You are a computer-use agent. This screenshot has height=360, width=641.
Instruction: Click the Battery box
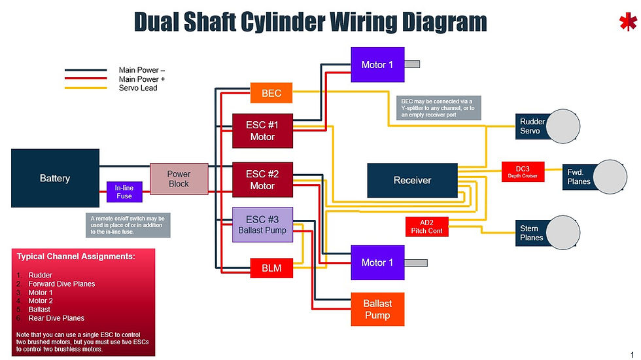click(x=55, y=178)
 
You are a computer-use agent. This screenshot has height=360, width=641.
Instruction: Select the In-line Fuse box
click(x=124, y=192)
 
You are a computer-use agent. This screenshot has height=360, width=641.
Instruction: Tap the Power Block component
click(x=179, y=179)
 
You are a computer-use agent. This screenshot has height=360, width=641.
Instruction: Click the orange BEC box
click(x=271, y=93)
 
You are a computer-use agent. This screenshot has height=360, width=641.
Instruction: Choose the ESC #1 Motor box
click(x=262, y=130)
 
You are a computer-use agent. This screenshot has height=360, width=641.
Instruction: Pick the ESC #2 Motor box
click(x=262, y=179)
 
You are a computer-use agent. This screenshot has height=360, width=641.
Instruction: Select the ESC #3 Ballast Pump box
click(x=262, y=225)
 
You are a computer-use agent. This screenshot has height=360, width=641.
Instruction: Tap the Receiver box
click(x=412, y=180)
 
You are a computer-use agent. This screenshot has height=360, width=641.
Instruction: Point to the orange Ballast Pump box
click(x=377, y=308)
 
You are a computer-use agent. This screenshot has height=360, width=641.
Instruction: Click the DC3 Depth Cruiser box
click(x=523, y=171)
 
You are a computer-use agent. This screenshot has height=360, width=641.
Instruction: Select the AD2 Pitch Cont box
click(x=426, y=226)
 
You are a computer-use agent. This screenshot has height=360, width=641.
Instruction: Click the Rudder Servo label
click(x=530, y=126)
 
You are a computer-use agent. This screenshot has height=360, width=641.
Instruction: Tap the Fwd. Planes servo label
click(x=579, y=177)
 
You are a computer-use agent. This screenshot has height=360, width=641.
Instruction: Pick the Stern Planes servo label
click(x=530, y=233)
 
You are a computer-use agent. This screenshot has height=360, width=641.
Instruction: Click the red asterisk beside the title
click(x=627, y=23)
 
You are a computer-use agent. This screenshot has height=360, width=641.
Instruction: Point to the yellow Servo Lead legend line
click(x=85, y=88)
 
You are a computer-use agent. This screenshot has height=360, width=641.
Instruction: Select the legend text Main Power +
click(x=142, y=79)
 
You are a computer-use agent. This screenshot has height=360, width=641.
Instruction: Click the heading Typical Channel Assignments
click(x=76, y=257)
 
